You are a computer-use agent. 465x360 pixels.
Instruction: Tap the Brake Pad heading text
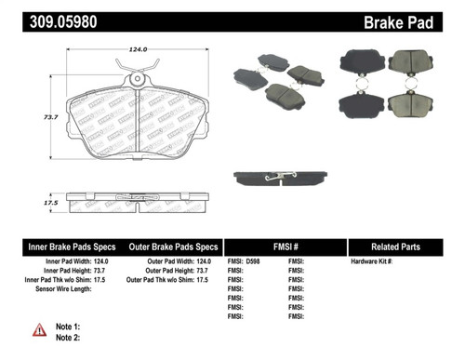[x=416, y=19]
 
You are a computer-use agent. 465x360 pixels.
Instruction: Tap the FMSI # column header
[x=286, y=247]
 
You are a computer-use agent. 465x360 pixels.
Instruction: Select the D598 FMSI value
[x=258, y=263]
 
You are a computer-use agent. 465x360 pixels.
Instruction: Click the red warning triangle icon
[x=39, y=329]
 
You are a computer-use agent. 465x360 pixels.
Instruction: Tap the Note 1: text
[x=69, y=327]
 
